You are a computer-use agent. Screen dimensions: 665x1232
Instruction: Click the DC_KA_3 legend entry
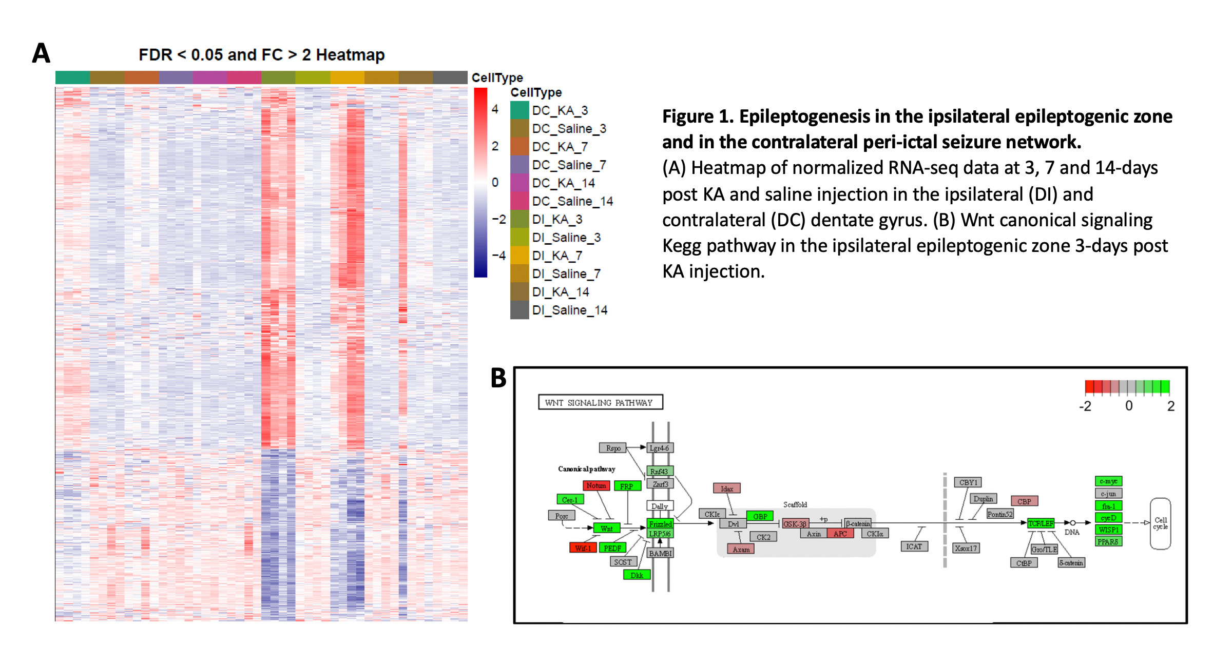tap(560, 110)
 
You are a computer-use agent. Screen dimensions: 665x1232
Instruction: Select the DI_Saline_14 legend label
tap(569, 310)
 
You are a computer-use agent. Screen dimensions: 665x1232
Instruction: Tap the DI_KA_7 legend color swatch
tap(519, 256)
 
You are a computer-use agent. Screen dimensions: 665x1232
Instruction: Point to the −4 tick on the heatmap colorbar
tap(498, 255)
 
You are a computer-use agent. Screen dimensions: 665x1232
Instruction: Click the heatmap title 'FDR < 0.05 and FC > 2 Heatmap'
tap(261, 54)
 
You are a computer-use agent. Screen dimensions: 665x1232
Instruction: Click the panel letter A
tap(41, 53)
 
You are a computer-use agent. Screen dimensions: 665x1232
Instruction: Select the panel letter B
tap(498, 378)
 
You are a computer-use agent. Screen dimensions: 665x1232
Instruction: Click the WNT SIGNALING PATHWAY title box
tap(600, 402)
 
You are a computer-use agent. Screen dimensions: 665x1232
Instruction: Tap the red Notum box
tap(596, 485)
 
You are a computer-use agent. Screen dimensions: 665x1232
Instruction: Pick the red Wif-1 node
tap(583, 548)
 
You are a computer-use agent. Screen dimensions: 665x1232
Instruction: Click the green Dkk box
tap(637, 575)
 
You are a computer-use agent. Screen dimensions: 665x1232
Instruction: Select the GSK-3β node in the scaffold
tap(795, 524)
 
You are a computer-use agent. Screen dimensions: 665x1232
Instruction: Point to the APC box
tap(840, 534)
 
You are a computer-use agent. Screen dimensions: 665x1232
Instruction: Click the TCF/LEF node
tap(1041, 523)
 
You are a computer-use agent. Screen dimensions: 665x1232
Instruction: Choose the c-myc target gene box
tap(1108, 481)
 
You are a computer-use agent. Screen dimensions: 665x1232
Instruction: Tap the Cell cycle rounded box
tap(1160, 523)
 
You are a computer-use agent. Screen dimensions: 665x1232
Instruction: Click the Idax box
tap(727, 488)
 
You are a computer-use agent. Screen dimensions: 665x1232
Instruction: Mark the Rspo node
tap(613, 448)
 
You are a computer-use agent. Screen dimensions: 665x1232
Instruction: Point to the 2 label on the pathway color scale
tap(1171, 406)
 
